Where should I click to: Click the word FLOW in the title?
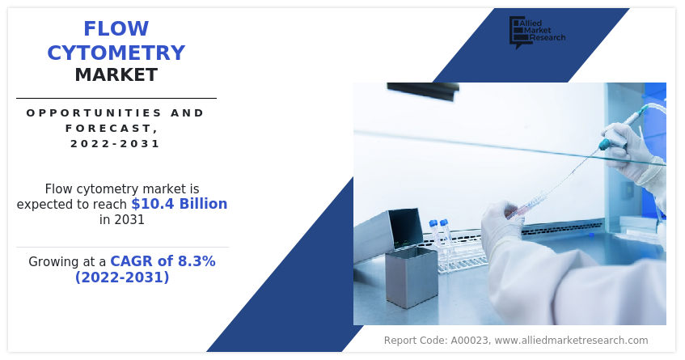(x=116, y=29)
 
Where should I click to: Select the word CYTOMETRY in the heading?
(x=116, y=53)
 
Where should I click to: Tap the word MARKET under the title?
(x=116, y=75)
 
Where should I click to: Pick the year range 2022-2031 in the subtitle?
(x=115, y=144)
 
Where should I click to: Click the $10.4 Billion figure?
(x=179, y=204)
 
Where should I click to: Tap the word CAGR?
(x=130, y=261)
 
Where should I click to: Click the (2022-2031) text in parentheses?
(x=122, y=277)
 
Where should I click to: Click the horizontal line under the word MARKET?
(x=116, y=99)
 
